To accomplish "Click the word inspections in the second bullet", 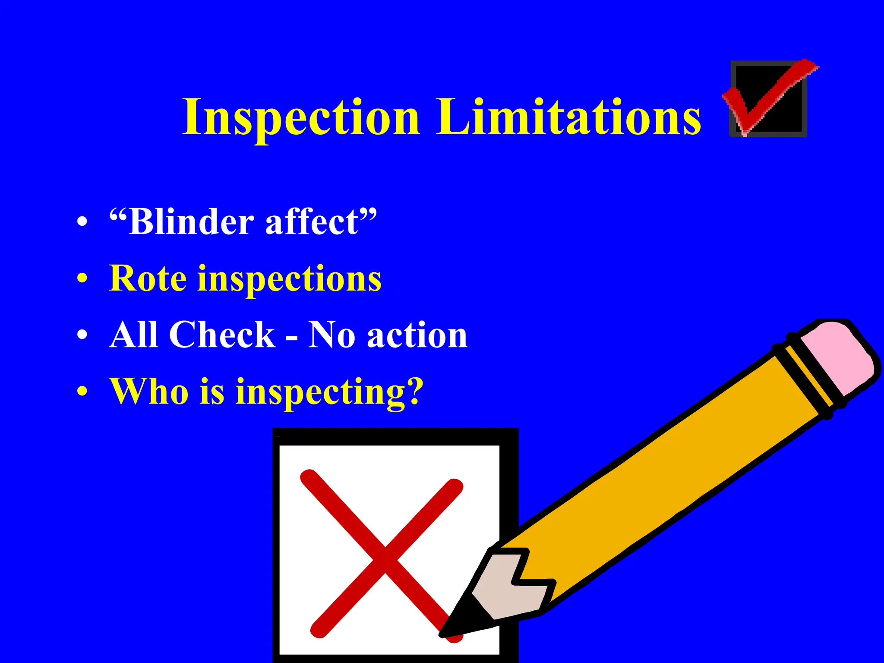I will coord(289,280).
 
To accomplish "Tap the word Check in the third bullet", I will coord(222,335).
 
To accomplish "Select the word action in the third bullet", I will coord(417,336).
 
